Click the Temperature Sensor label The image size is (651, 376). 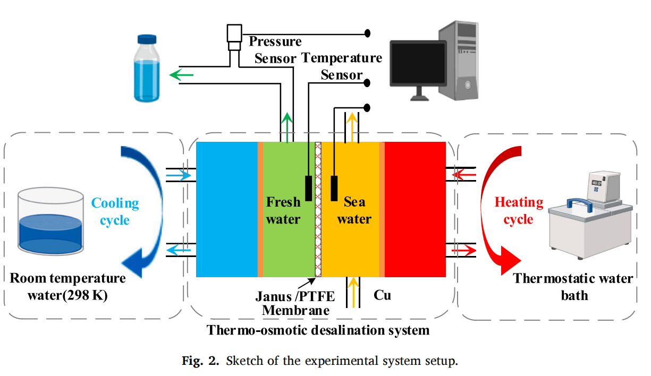click(342, 66)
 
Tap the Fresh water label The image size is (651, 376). click(283, 210)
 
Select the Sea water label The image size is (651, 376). click(354, 210)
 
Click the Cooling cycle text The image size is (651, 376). click(115, 211)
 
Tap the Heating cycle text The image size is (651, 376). click(519, 210)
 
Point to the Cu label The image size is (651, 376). click(382, 295)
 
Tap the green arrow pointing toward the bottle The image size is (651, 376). click(181, 76)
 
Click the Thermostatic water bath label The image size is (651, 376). click(573, 286)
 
